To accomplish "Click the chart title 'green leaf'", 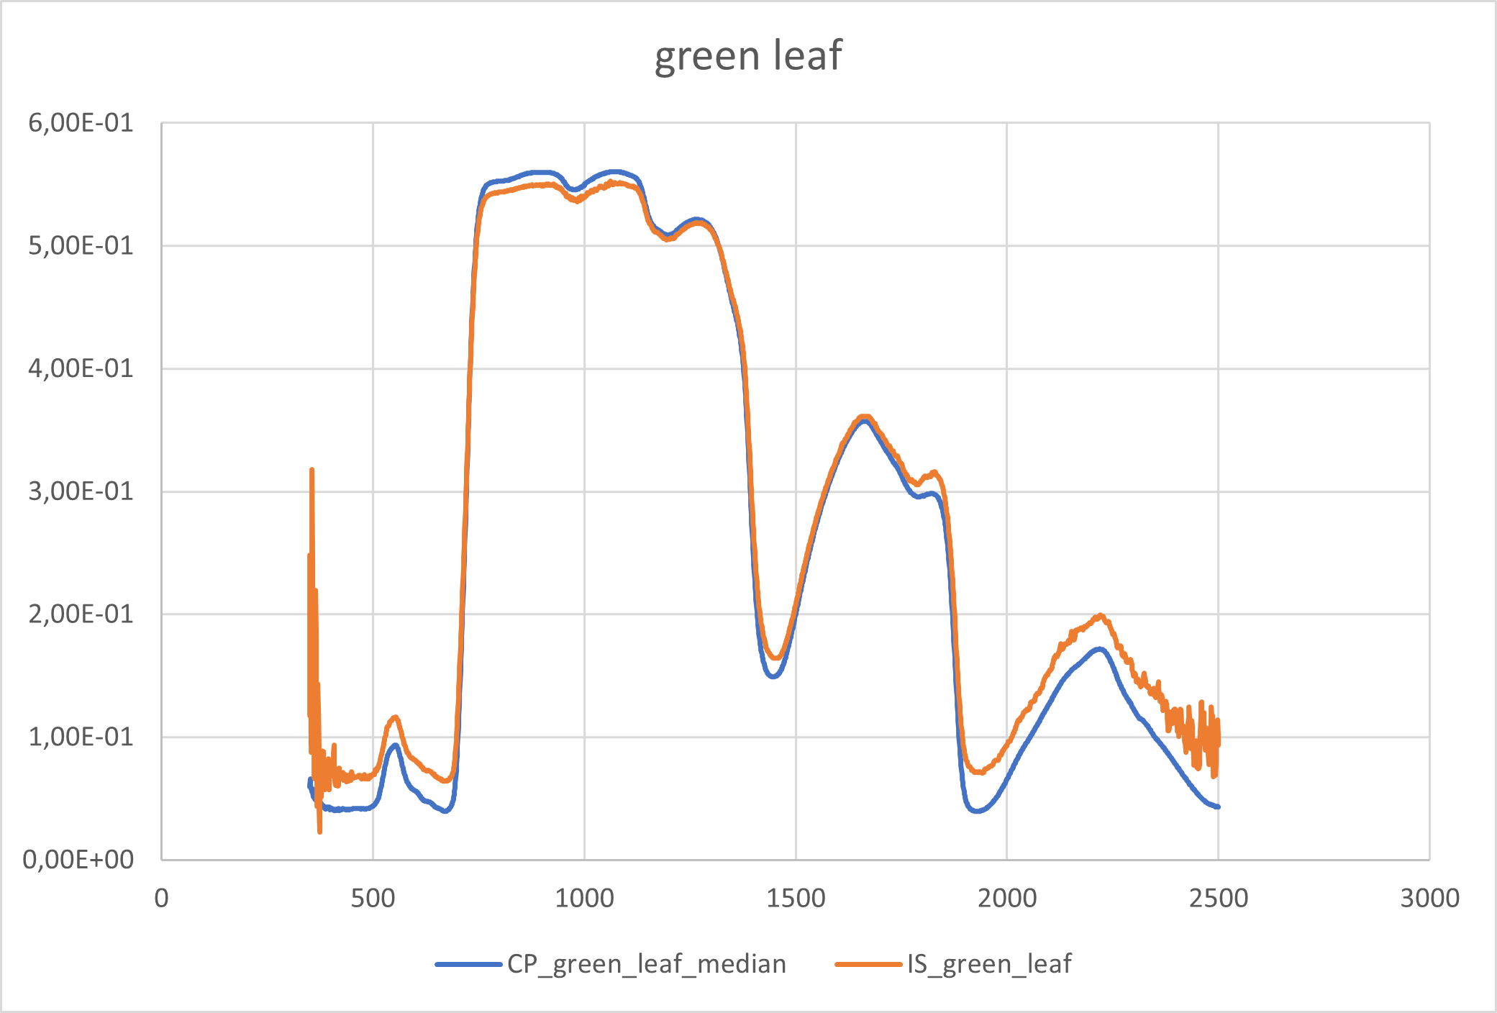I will click(x=748, y=55).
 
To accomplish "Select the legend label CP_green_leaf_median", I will click(x=646, y=963).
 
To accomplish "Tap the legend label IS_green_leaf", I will click(x=989, y=963).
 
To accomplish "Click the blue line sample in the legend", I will click(x=468, y=964).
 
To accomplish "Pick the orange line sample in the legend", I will click(x=868, y=964).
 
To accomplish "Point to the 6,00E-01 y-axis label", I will click(x=81, y=123).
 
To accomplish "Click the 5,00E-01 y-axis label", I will click(x=81, y=246).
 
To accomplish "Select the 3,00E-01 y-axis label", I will click(x=81, y=491).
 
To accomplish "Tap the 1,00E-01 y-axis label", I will click(x=81, y=737).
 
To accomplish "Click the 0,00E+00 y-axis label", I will click(x=78, y=859).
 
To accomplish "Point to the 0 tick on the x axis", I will click(x=162, y=898).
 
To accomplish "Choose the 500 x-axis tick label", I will click(x=373, y=898).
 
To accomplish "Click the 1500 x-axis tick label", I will click(x=796, y=898).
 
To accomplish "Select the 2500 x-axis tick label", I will click(x=1218, y=898).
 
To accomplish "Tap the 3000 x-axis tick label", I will click(x=1429, y=898).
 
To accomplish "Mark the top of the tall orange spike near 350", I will click(x=311, y=470).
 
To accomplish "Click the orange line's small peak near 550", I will click(x=394, y=717).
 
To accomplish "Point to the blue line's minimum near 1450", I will click(x=773, y=676).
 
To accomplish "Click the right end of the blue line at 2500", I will click(x=1218, y=807).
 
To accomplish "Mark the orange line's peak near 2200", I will click(x=1100, y=615).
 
